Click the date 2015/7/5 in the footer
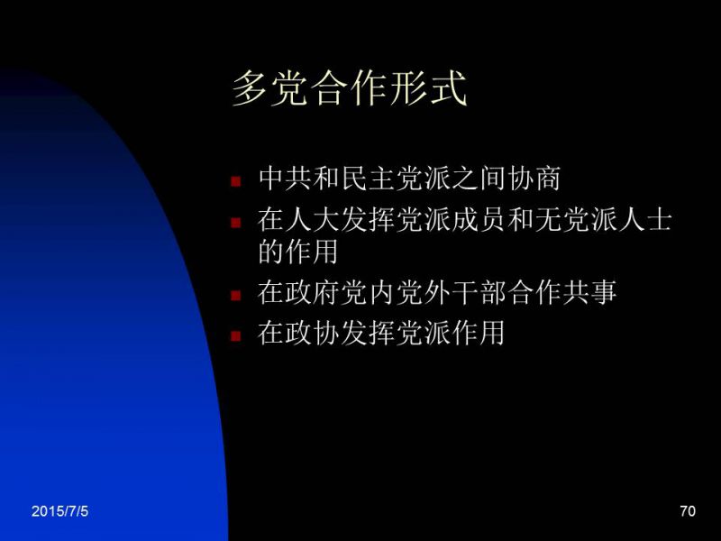pyautogui.click(x=59, y=511)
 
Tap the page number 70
pyautogui.click(x=688, y=511)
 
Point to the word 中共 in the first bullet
pyautogui.click(x=286, y=179)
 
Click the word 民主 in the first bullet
pyautogui.click(x=369, y=179)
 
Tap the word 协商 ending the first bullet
pyautogui.click(x=534, y=179)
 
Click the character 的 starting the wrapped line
pyautogui.click(x=272, y=252)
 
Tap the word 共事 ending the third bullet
pyautogui.click(x=589, y=292)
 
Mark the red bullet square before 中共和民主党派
pyautogui.click(x=236, y=181)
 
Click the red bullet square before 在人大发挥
pyautogui.click(x=236, y=223)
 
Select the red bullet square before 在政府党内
pyautogui.click(x=236, y=295)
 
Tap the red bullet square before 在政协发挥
pyautogui.click(x=236, y=335)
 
